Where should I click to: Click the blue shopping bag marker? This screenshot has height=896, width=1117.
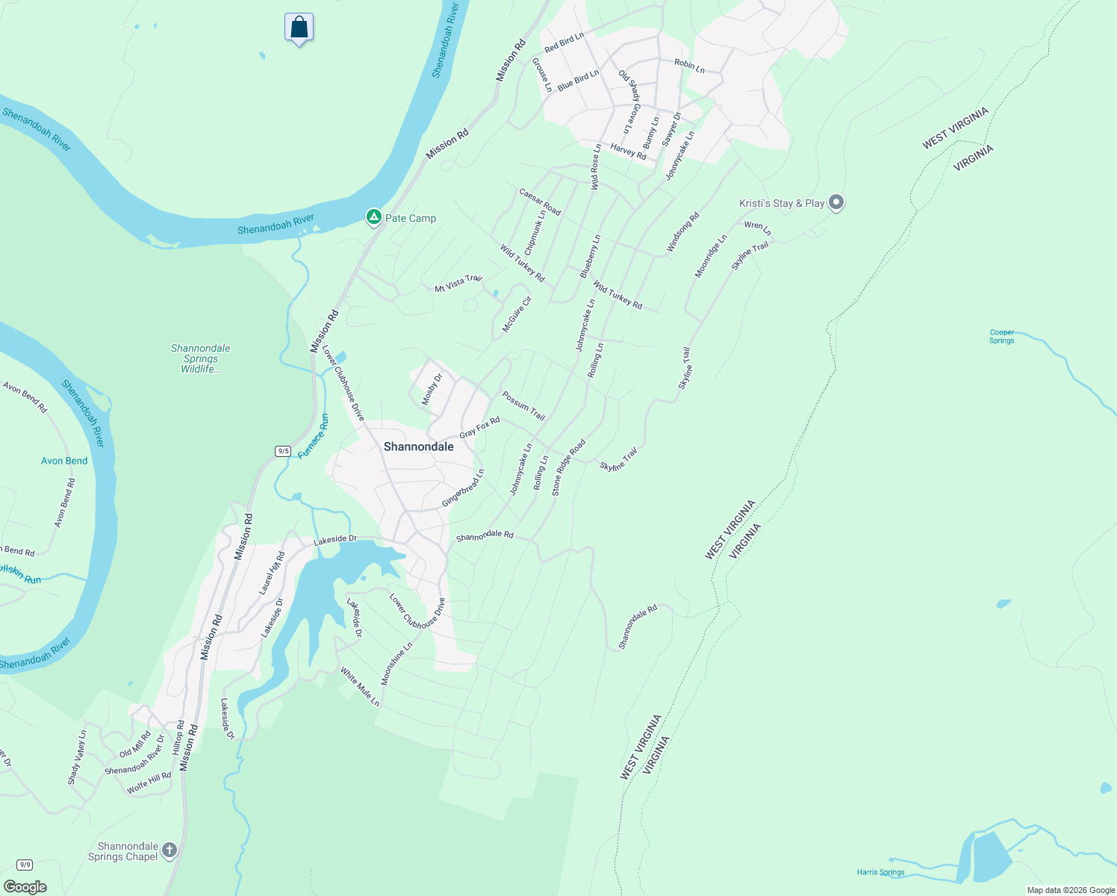pos(299,28)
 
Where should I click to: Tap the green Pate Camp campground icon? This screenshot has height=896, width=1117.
pos(373,217)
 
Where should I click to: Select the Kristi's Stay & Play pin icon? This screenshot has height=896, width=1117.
pos(836,202)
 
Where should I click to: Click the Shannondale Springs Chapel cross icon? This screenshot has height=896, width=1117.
pos(169,850)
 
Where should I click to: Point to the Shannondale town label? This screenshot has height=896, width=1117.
pos(418,447)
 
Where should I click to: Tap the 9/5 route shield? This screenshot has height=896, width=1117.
pos(283,451)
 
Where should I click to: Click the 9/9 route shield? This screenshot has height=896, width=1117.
pos(25,865)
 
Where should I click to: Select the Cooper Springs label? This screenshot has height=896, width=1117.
pos(1001,337)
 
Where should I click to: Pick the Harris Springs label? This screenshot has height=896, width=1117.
pos(880,872)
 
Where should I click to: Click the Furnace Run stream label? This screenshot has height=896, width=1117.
pos(314,436)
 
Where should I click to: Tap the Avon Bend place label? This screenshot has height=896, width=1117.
pos(64,461)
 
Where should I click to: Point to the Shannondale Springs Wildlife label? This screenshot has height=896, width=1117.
pos(200,358)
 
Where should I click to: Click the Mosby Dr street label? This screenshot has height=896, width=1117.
pos(432,389)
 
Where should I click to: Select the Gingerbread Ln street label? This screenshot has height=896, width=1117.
pos(463,488)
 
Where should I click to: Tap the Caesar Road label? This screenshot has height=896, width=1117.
pos(540,202)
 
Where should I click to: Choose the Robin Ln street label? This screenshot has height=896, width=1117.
pos(689,65)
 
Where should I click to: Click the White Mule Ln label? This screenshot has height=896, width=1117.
pos(360,687)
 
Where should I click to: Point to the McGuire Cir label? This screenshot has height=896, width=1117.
pos(517,314)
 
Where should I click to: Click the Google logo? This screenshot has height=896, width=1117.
pos(25,887)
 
